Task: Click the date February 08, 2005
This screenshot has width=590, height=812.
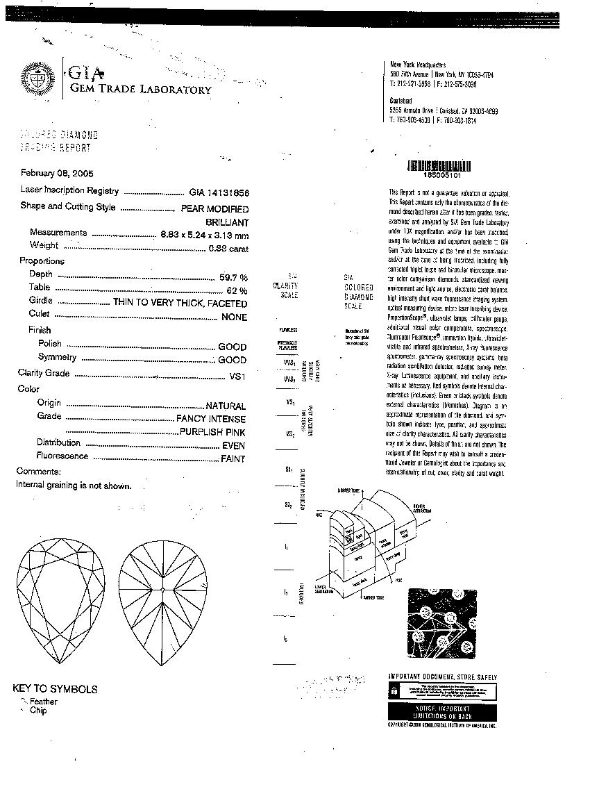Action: pos(57,174)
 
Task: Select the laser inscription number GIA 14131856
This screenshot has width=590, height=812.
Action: pos(219,192)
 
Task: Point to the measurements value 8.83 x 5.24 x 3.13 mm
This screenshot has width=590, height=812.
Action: pos(204,235)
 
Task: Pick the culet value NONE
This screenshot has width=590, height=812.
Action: pos(234,317)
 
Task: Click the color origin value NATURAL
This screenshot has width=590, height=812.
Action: pos(226,406)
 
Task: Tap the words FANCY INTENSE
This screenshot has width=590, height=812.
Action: pos(211,420)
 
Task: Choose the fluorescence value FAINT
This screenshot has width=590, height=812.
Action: pos(233,459)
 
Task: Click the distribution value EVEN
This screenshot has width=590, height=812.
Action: pos(234,446)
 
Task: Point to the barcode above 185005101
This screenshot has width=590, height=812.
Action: pos(438,166)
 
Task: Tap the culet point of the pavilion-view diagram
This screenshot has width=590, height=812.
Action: pos(162,590)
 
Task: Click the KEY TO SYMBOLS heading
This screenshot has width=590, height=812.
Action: pos(55,689)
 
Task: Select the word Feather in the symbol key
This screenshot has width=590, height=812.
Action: pos(43,702)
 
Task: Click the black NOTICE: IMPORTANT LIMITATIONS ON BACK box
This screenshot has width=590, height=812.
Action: pos(442,711)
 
